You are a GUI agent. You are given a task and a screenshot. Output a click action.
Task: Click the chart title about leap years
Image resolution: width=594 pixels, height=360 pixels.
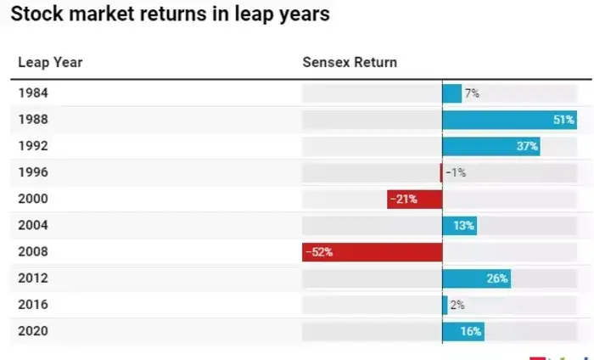pyautogui.click(x=170, y=15)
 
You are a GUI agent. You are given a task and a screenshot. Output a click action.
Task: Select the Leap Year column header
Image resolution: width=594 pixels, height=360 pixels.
pyautogui.click(x=50, y=63)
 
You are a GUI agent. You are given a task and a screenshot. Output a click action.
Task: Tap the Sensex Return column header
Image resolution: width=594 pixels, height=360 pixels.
pyautogui.click(x=350, y=63)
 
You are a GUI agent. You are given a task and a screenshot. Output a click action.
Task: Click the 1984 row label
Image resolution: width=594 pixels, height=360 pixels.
pyautogui.click(x=33, y=93)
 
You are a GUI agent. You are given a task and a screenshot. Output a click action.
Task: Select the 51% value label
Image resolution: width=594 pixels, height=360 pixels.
pyautogui.click(x=563, y=120)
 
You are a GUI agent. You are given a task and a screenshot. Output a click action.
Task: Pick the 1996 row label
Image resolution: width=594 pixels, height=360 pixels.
pyautogui.click(x=33, y=172)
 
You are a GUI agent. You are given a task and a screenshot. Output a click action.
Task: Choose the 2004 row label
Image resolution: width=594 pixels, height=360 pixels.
pyautogui.click(x=33, y=225)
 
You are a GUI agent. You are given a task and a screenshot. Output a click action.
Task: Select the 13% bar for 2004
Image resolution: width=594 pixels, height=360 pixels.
pyautogui.click(x=459, y=225)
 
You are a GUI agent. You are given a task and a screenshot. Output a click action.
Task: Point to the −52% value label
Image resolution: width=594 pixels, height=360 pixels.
pyautogui.click(x=319, y=251)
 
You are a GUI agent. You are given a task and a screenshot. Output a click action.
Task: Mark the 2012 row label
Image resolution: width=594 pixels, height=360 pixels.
pyautogui.click(x=33, y=278)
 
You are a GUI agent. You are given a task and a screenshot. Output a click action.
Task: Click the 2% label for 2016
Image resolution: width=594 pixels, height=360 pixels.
pyautogui.click(x=457, y=305)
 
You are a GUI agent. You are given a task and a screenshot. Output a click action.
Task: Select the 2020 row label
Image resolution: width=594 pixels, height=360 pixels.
pyautogui.click(x=33, y=331)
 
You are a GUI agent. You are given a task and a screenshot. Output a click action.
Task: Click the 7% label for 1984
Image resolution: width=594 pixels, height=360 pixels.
pyautogui.click(x=472, y=93)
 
